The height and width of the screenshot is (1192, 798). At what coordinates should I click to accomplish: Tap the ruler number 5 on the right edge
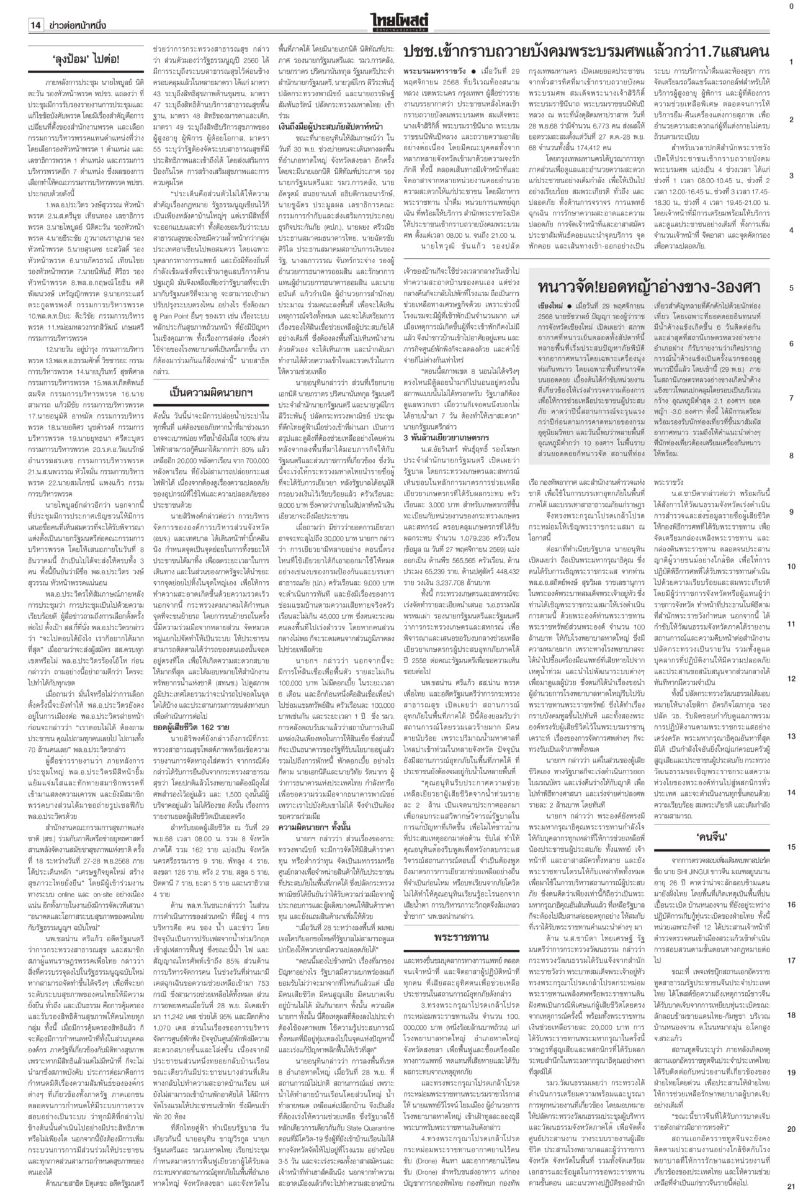pos(791,288)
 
